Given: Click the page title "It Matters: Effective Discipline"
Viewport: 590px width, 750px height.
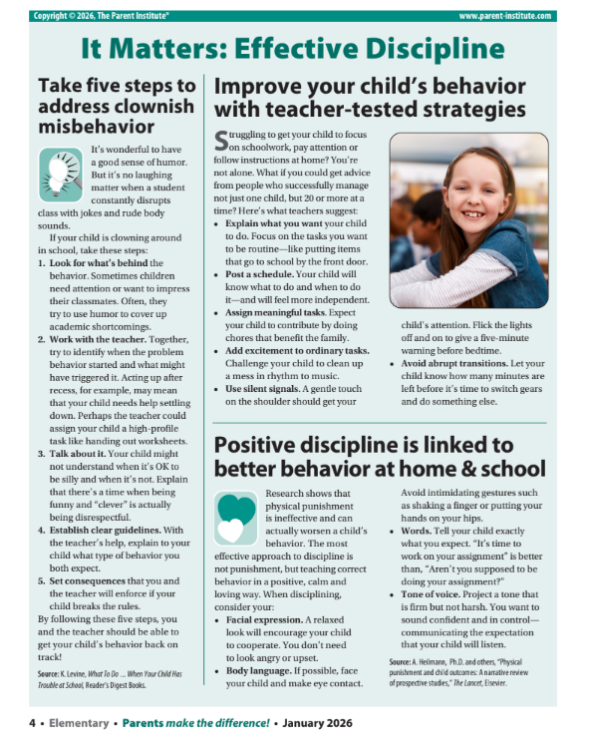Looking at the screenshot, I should click(x=294, y=48).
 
